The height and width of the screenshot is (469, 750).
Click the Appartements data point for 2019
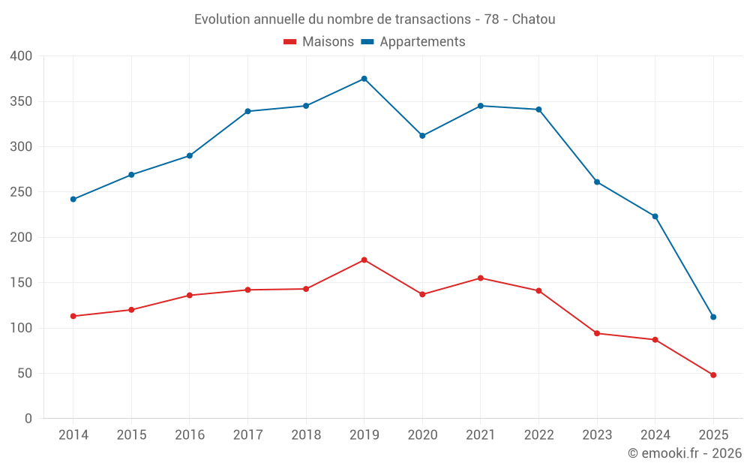364,79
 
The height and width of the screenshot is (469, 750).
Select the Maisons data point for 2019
364,260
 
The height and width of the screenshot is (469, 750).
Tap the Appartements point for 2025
713,317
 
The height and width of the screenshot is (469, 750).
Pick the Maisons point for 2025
713,375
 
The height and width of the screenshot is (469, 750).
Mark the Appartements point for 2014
73,199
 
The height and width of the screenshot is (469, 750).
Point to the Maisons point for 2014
73,316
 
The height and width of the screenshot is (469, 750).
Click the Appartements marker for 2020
422,136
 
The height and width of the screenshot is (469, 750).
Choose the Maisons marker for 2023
597,333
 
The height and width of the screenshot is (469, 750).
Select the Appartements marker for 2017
247,111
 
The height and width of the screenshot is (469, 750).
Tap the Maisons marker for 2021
481,278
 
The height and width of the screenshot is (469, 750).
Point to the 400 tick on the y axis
22,56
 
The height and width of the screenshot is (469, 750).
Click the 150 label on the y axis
22,283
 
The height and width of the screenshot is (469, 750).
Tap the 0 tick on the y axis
28,419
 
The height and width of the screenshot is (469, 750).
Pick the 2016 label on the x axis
190,435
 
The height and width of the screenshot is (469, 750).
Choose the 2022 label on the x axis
538,435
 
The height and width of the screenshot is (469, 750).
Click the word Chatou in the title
533,20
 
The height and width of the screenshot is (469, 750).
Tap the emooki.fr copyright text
684,453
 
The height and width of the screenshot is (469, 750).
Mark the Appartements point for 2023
597,182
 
